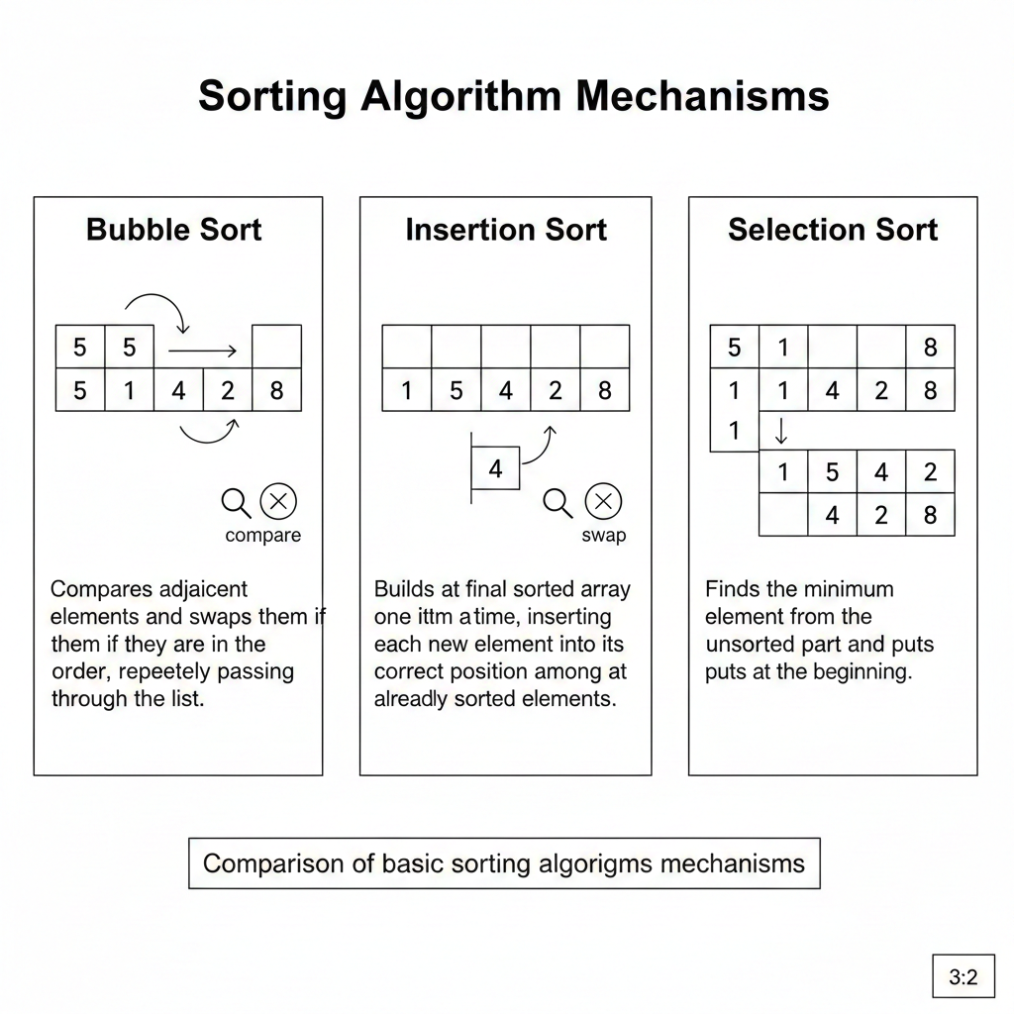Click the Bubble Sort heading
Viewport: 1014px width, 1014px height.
click(174, 230)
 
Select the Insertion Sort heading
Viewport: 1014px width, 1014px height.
click(506, 230)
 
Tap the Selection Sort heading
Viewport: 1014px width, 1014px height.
click(833, 230)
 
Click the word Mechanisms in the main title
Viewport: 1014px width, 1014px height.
click(702, 96)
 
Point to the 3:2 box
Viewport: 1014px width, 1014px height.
click(963, 975)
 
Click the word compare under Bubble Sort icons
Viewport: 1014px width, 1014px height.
click(263, 536)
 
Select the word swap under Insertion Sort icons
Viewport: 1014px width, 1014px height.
click(604, 536)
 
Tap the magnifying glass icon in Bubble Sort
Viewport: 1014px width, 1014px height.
click(236, 503)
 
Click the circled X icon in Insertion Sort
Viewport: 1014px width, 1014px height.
click(603, 501)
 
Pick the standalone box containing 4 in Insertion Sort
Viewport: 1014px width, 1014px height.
click(495, 468)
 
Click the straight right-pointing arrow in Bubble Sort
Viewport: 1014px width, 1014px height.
click(202, 352)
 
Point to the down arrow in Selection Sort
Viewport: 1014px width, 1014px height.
click(781, 430)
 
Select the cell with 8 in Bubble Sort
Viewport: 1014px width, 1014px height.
click(277, 390)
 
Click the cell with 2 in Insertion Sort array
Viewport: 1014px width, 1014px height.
click(556, 390)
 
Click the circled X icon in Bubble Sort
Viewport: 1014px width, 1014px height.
click(278, 501)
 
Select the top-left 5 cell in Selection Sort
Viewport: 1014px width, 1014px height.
click(735, 348)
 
